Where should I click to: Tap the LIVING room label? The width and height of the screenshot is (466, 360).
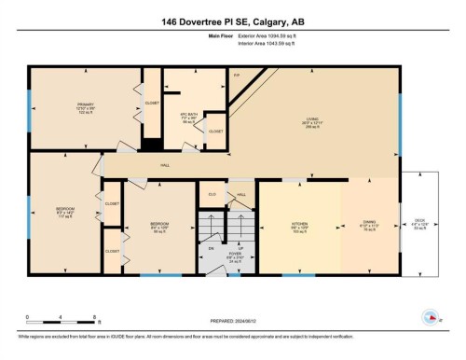pos(312,118)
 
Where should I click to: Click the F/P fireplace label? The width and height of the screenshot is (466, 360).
pos(237,73)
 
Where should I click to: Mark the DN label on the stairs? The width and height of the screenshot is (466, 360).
pos(211,249)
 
